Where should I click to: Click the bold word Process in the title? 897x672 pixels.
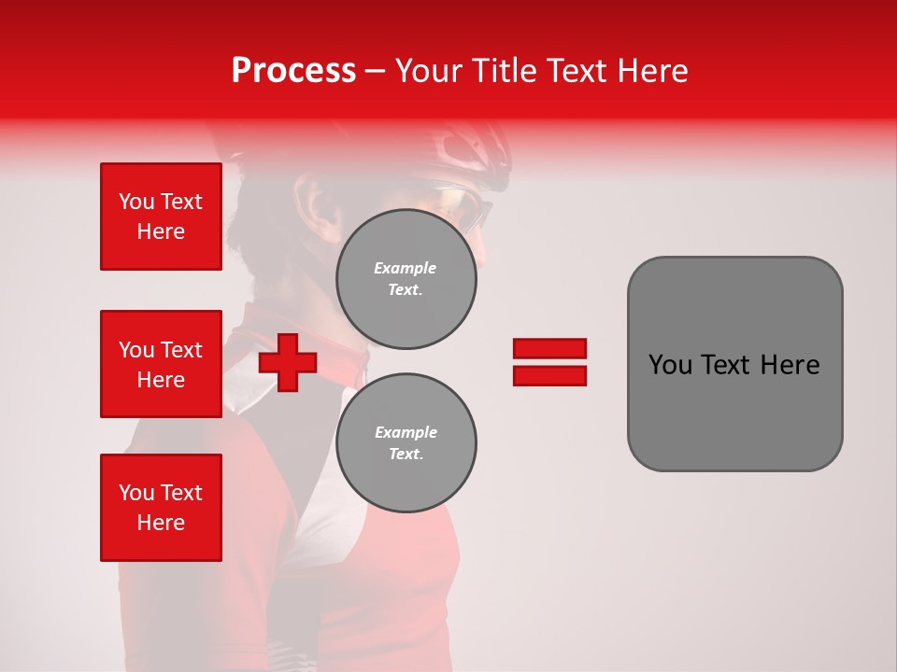click(x=293, y=71)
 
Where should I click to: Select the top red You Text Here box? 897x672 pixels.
click(x=161, y=217)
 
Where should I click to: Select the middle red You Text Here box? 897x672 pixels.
click(x=161, y=364)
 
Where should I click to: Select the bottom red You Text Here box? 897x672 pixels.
click(x=161, y=508)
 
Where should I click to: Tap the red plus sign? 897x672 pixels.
click(x=288, y=362)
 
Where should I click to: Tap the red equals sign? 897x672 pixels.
click(x=549, y=362)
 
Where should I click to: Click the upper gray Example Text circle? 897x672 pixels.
click(x=406, y=279)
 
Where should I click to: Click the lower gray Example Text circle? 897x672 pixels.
click(x=406, y=443)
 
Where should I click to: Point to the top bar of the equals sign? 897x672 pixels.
click(x=549, y=348)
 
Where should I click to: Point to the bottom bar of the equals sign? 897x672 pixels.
click(x=549, y=375)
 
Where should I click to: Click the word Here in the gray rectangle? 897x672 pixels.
click(x=790, y=365)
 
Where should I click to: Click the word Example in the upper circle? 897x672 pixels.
click(x=405, y=268)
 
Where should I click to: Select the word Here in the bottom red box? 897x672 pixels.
click(x=161, y=523)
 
